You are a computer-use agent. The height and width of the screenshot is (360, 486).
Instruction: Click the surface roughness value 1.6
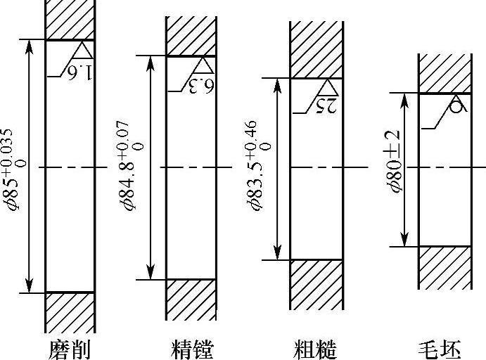(82, 71)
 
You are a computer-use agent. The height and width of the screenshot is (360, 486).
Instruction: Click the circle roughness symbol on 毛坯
(456, 106)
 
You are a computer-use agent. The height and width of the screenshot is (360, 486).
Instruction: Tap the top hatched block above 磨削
(69, 20)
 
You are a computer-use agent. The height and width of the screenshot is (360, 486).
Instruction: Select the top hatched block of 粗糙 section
(316, 49)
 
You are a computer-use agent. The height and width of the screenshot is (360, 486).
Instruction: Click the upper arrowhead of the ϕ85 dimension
(29, 46)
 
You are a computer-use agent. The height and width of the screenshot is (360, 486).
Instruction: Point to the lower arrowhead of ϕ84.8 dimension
(149, 272)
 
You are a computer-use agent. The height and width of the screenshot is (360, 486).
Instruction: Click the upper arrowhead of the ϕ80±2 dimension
(405, 99)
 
